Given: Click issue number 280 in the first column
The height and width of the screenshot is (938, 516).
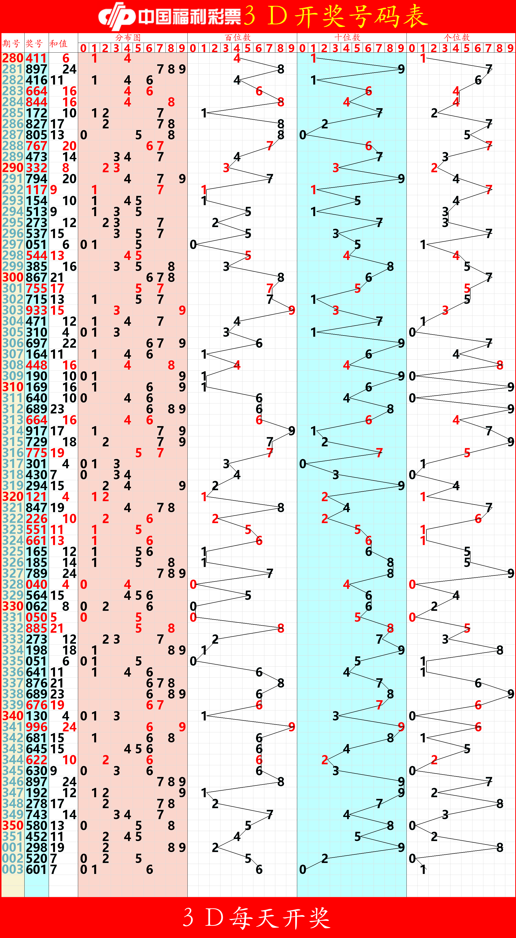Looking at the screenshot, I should [13, 58].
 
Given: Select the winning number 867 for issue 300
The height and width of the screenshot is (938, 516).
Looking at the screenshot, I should [37, 278].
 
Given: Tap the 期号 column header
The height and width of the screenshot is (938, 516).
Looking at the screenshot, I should [11, 44].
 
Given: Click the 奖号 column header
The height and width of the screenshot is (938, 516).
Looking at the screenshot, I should [34, 44].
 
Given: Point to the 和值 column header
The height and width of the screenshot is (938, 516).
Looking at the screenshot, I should [58, 44].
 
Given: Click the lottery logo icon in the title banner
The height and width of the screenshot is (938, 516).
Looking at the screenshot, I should [116, 16].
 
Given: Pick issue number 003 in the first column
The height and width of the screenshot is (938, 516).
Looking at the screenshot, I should [13, 870].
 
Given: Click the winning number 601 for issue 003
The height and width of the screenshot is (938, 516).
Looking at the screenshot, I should [37, 870].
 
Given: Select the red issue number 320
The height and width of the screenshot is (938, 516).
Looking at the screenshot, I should [13, 497].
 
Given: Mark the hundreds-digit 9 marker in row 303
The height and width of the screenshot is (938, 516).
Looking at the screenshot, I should [292, 310].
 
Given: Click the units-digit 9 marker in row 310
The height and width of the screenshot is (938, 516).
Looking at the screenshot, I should [511, 387].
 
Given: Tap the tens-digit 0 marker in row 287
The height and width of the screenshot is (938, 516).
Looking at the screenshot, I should [303, 135].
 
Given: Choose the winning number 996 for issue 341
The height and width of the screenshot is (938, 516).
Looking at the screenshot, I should [37, 727].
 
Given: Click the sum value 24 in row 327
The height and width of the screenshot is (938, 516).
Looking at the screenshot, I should [69, 574].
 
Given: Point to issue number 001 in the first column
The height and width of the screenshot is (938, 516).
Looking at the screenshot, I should [13, 848].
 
